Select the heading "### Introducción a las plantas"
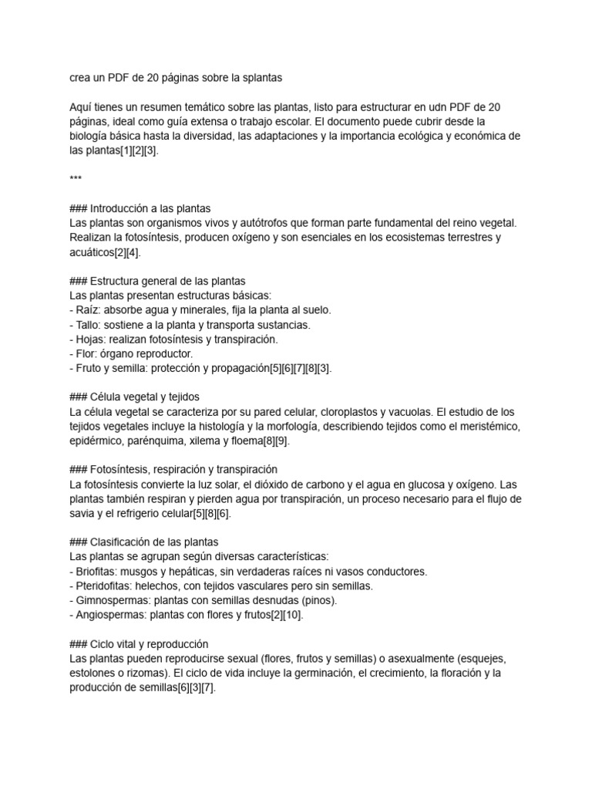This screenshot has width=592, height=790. (140, 208)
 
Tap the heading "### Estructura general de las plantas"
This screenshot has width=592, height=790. (157, 281)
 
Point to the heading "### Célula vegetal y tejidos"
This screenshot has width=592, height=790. (134, 397)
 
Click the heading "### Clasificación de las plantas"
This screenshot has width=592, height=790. (144, 542)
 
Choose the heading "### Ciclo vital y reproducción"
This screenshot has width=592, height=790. (139, 643)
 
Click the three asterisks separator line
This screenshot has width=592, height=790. (76, 180)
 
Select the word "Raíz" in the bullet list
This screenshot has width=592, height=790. (88, 310)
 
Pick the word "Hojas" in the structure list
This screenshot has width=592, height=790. (91, 339)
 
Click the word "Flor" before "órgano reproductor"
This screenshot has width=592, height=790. (86, 353)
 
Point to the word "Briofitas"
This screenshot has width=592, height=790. (97, 571)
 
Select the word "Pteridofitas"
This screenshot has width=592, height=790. (105, 586)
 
